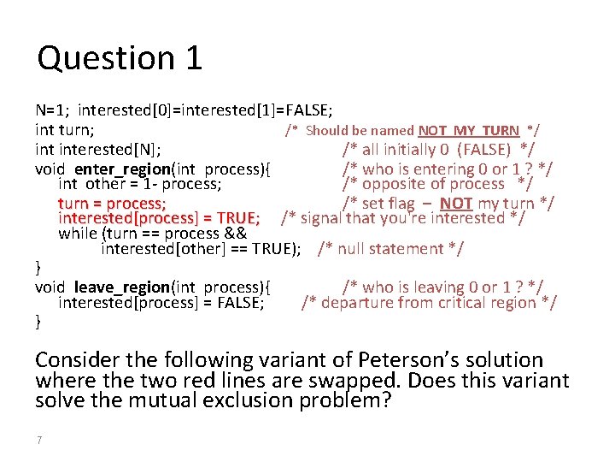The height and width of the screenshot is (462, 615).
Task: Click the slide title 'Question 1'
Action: point(120,58)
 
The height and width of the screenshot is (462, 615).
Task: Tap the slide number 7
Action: point(39,440)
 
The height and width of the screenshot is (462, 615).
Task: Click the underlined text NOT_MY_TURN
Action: point(468,131)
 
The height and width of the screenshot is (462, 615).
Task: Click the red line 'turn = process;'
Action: point(112,203)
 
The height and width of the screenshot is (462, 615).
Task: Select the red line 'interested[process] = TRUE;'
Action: point(159,218)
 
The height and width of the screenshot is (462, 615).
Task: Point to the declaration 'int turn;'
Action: point(65,130)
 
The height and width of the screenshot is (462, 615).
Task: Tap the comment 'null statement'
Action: point(390,249)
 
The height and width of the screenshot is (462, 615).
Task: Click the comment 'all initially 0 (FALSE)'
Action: point(437,150)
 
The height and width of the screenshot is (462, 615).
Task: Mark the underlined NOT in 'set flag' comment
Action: point(456,203)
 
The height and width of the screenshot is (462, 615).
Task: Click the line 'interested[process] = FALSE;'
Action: point(161,302)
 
